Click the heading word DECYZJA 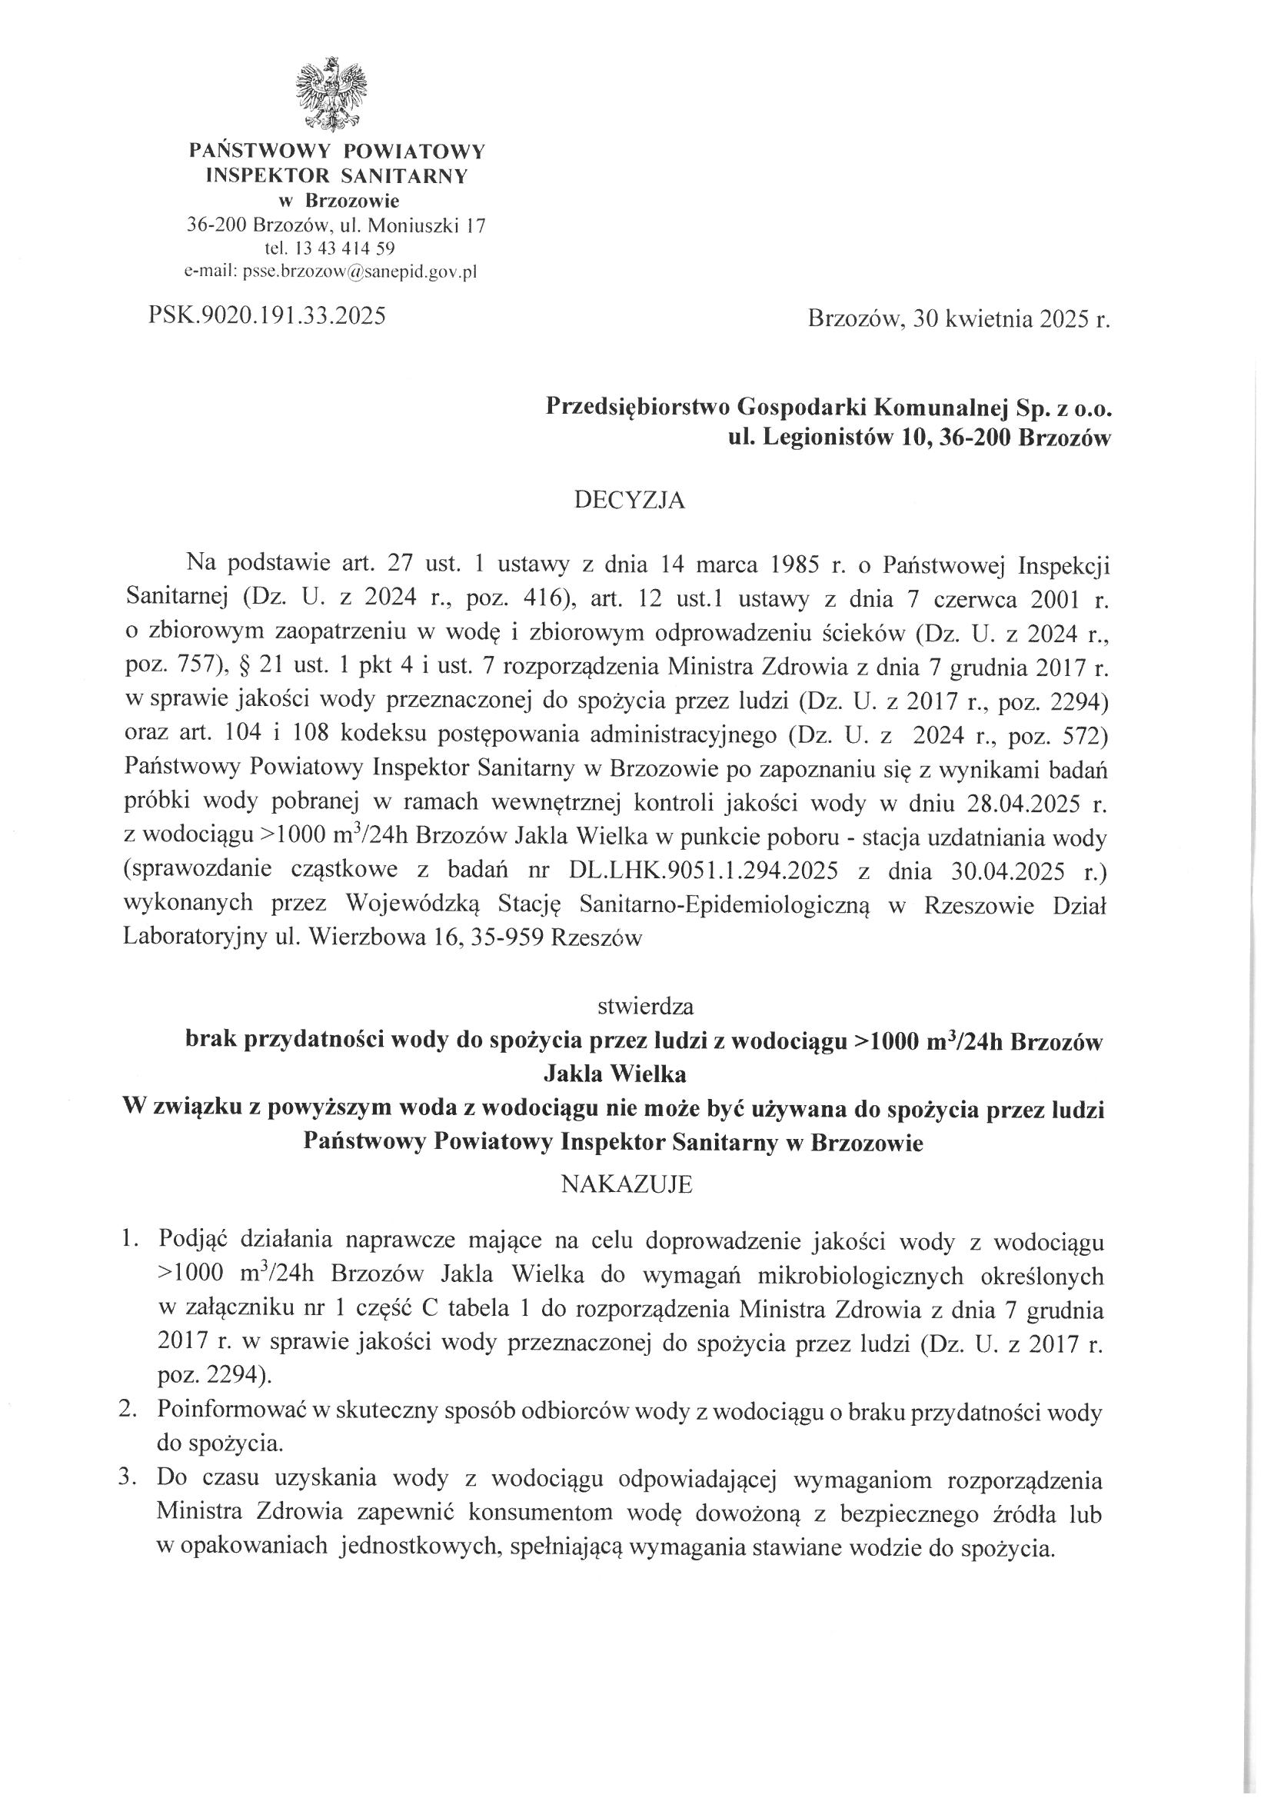630,501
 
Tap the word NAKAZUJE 627,1184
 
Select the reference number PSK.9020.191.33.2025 266,316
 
